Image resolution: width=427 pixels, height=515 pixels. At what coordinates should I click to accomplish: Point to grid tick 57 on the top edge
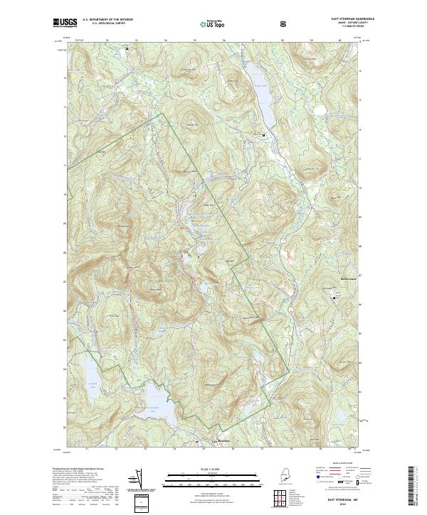click(x=253, y=40)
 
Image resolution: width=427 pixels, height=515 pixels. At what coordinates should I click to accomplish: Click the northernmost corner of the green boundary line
click(x=165, y=113)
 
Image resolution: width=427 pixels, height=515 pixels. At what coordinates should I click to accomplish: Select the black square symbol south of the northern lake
click(x=264, y=134)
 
